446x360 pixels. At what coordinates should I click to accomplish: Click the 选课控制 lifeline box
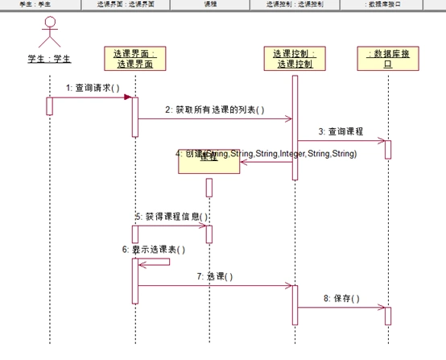point(295,59)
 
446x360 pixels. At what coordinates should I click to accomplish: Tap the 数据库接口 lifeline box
point(387,59)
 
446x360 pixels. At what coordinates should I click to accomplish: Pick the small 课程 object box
point(208,159)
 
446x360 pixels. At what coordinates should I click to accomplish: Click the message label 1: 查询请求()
point(93,87)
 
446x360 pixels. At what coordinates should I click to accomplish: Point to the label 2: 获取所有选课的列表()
point(214,109)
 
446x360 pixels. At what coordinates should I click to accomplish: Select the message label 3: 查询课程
point(340,130)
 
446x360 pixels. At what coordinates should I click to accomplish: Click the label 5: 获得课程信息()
point(171,216)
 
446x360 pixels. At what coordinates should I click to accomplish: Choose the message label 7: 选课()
point(214,276)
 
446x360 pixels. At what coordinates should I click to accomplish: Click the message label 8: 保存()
point(341,298)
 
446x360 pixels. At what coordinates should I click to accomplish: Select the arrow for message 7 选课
point(215,285)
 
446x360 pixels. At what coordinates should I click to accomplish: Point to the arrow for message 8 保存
point(341,307)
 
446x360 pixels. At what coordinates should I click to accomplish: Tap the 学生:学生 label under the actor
point(50,59)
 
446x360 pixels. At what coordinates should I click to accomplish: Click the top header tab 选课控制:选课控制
point(295,4)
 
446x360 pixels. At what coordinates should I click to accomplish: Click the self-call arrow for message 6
point(157,262)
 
